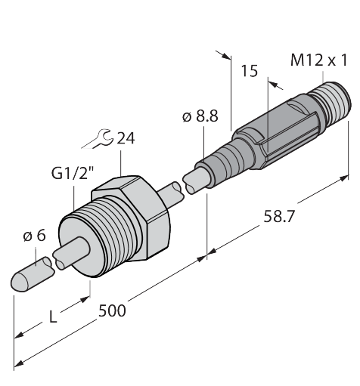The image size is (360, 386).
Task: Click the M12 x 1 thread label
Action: coord(319,60)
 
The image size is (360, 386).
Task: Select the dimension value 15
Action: coord(250,71)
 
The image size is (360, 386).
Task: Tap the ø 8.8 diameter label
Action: coord(200,116)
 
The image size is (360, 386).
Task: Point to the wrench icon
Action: coord(97,139)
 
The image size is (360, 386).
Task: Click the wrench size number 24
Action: coord(126,138)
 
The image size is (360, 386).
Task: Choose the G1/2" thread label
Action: coord(73,174)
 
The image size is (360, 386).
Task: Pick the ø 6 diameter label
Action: coord(35,236)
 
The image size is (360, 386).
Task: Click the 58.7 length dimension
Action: coord(279,217)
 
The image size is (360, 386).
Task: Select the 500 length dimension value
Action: coord(112,310)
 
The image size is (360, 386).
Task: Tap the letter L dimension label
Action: coord(53,317)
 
